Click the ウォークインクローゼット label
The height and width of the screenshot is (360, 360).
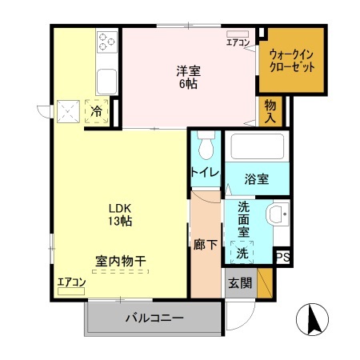click(291, 59)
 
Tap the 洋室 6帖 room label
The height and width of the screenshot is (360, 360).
click(189, 75)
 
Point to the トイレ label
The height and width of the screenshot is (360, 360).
click(204, 172)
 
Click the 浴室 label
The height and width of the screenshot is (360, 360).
click(255, 179)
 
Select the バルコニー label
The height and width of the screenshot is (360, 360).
click(154, 318)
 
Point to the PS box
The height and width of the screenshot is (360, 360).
click(282, 257)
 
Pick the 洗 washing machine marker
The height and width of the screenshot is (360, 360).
click(241, 253)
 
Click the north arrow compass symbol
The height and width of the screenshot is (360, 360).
click(312, 321)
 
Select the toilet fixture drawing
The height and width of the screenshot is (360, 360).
click(205, 146)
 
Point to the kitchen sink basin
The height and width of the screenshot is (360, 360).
click(106, 80)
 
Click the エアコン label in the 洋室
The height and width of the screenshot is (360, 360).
click(238, 42)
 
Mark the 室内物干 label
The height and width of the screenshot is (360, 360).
click(121, 261)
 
